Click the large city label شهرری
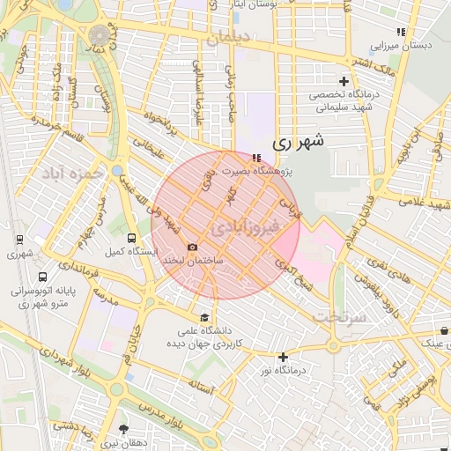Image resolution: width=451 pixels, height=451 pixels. (x=299, y=140)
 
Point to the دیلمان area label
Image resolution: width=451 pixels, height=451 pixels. (x=250, y=38)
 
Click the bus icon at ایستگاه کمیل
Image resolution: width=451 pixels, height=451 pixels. (x=132, y=238)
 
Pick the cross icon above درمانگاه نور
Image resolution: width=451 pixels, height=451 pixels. (x=282, y=357)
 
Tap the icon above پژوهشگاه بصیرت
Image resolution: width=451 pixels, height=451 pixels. (x=256, y=158)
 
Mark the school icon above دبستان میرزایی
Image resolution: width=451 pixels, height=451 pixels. (x=401, y=32)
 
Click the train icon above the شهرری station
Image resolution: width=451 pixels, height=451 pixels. (x=19, y=239)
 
